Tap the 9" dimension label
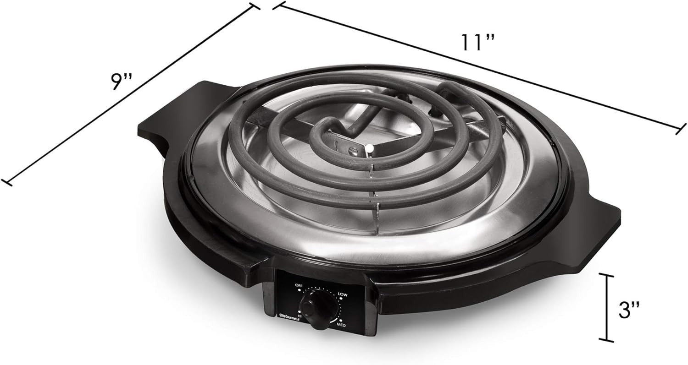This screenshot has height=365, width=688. [x=121, y=82]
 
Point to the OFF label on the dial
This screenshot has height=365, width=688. [x=299, y=285]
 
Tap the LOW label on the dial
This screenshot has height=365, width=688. [x=342, y=294]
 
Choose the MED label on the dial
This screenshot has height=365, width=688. [x=341, y=325]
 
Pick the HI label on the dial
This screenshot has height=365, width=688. [x=300, y=316]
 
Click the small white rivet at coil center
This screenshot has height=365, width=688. [x=369, y=148]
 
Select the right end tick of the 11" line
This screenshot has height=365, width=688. [x=682, y=129]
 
